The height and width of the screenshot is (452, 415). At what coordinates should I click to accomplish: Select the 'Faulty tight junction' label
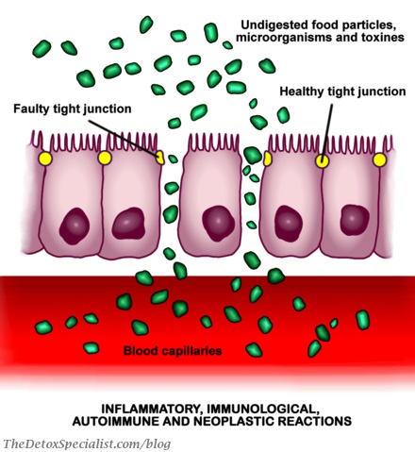click(x=73, y=109)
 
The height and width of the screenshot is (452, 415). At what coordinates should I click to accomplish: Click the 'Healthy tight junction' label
click(x=342, y=92)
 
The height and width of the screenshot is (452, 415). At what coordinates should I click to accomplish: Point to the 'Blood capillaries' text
click(x=173, y=350)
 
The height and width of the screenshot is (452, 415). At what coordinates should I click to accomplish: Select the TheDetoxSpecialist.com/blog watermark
click(x=87, y=444)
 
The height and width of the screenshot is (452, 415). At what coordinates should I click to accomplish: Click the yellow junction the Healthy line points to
click(x=322, y=161)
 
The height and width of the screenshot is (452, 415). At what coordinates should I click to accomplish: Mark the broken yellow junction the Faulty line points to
click(x=160, y=158)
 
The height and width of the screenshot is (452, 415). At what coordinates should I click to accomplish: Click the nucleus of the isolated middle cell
click(x=218, y=224)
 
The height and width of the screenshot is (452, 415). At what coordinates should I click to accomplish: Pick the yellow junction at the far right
click(x=379, y=159)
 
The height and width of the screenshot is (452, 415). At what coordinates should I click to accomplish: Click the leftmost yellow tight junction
click(x=45, y=159)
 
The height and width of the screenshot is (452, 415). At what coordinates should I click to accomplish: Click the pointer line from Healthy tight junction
click(x=326, y=131)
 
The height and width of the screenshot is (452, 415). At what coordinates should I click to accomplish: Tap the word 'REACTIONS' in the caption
click(x=322, y=421)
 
